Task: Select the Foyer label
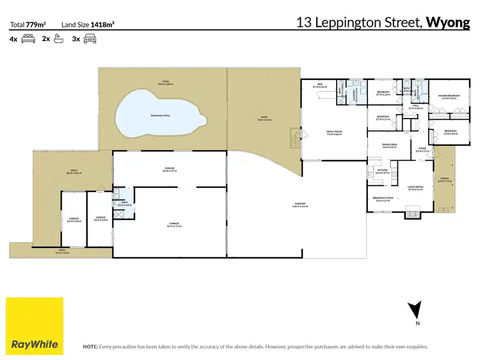[x=422, y=149]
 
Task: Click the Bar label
[x=320, y=86]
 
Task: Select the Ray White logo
[x=35, y=326]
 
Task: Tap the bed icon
[x=28, y=38]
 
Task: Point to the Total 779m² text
[x=28, y=24]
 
